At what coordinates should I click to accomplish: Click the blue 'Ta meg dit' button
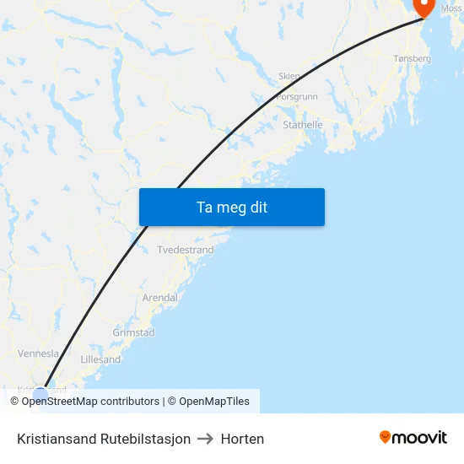pyautogui.click(x=231, y=208)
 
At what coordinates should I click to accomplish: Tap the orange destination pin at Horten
pyautogui.click(x=421, y=7)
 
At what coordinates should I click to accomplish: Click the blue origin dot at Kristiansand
pyautogui.click(x=40, y=394)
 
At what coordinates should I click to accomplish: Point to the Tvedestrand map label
pyautogui.click(x=186, y=251)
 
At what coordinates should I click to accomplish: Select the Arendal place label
pyautogui.click(x=159, y=298)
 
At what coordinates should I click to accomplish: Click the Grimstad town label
pyautogui.click(x=133, y=333)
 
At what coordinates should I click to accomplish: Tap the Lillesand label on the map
pyautogui.click(x=100, y=359)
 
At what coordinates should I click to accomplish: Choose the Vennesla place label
pyautogui.click(x=39, y=354)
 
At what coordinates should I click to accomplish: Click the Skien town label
pyautogui.click(x=289, y=76)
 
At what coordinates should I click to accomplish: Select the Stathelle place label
pyautogui.click(x=303, y=125)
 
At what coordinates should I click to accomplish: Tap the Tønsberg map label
pyautogui.click(x=413, y=59)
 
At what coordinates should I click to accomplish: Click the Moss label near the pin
pyautogui.click(x=451, y=8)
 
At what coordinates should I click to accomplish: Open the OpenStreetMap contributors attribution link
pyautogui.click(x=90, y=402)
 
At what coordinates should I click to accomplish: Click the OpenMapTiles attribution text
pyautogui.click(x=213, y=402)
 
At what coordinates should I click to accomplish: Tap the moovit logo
pyautogui.click(x=413, y=438)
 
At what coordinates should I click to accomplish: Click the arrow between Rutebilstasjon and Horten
pyautogui.click(x=206, y=439)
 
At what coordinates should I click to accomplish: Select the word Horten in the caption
pyautogui.click(x=242, y=439)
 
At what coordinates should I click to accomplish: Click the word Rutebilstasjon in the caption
pyautogui.click(x=145, y=439)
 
